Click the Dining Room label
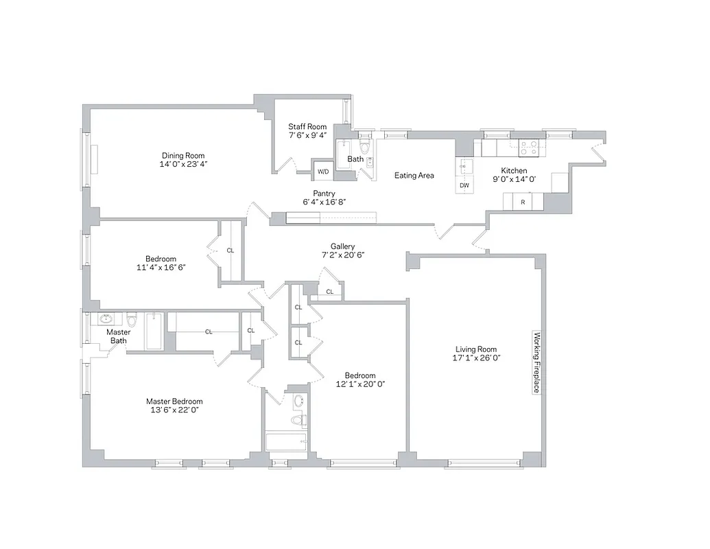[183, 156]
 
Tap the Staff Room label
[307, 126]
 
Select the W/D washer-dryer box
[322, 172]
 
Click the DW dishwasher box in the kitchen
[464, 185]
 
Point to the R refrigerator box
[523, 202]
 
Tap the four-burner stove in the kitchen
[530, 146]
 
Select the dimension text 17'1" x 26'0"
[474, 358]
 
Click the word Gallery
[342, 246]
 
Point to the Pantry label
[324, 194]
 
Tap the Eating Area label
[414, 176]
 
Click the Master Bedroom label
[174, 401]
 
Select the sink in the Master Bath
[106, 319]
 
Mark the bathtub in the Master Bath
[154, 331]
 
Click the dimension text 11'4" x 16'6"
[161, 268]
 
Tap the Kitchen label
[514, 171]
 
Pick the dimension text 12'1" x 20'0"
[360, 384]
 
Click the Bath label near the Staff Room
[355, 159]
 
